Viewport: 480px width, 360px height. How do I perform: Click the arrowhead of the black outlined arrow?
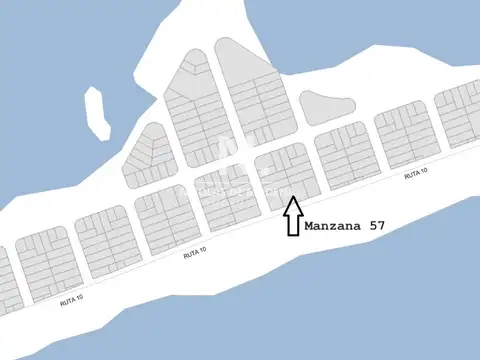[x=293, y=205]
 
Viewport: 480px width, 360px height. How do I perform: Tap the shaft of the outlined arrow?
[x=293, y=225]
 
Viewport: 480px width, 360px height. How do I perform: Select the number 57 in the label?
[x=375, y=226]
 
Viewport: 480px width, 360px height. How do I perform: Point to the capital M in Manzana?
[x=308, y=226]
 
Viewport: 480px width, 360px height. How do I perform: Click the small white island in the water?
[x=97, y=112]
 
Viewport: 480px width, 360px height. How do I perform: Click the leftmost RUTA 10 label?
[x=72, y=299]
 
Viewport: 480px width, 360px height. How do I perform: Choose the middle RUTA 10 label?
[x=196, y=255]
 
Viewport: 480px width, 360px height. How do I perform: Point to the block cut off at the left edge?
[x=8, y=280]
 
